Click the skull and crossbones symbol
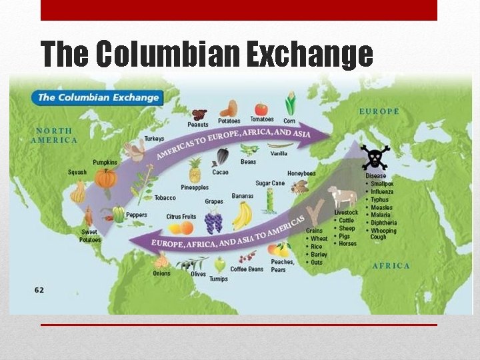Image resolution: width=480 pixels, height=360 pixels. [x=375, y=157]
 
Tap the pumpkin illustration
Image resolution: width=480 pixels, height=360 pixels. [x=105, y=178]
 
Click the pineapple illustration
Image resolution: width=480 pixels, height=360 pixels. [x=195, y=171]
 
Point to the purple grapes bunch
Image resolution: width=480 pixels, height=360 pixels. [x=213, y=221]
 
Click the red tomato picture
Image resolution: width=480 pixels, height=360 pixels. [x=261, y=109]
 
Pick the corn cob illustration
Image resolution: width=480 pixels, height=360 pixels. [x=290, y=105]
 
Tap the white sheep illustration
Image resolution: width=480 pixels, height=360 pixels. [x=344, y=197]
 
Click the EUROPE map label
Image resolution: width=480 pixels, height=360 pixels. [x=379, y=111]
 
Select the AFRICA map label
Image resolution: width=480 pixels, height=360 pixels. [x=391, y=265]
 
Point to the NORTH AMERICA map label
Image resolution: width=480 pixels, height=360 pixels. [x=54, y=135]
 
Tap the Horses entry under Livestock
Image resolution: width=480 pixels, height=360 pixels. [x=347, y=244]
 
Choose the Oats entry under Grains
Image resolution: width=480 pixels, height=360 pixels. [x=317, y=262]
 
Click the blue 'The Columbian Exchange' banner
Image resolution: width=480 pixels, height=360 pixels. [x=98, y=97]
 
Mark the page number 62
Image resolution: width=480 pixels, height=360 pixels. [x=39, y=290]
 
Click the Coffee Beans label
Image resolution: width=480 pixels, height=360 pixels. [x=247, y=269]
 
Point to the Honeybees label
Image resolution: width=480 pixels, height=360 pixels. [x=301, y=174]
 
